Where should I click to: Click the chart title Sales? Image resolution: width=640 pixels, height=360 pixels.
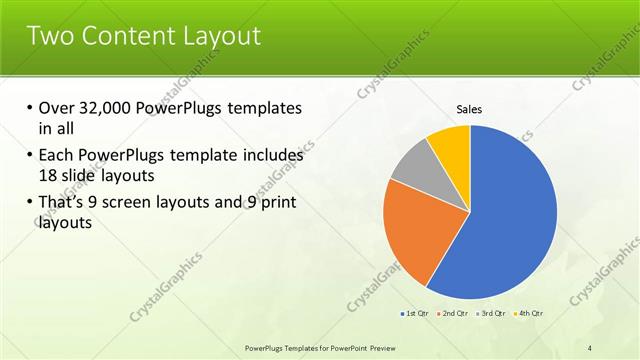coord(470,109)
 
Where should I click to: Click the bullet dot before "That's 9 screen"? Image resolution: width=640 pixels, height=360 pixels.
coord(29,203)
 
